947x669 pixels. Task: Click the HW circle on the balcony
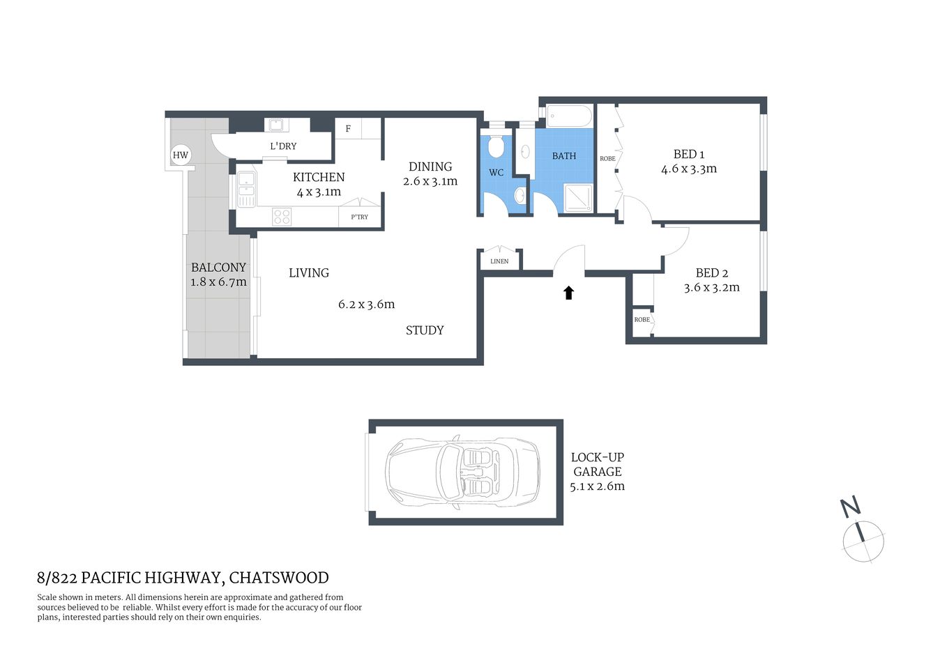180,155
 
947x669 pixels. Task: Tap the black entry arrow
568,293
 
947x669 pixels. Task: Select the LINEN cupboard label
499,261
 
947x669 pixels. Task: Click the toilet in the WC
496,146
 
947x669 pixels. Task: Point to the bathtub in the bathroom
569,116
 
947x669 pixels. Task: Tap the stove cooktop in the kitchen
282,217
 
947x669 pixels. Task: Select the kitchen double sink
246,189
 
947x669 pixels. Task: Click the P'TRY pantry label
359,217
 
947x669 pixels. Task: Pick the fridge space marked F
349,129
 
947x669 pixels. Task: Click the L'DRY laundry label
283,146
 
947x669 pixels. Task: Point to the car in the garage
463,472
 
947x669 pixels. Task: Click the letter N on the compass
850,507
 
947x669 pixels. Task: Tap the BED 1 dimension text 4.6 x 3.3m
688,169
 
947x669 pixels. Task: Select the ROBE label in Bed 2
642,320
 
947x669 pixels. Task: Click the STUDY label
425,330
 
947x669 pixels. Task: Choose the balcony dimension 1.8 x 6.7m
218,282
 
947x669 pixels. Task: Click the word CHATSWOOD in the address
279,578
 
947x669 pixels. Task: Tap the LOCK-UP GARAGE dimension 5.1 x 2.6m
597,486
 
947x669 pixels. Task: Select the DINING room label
430,167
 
